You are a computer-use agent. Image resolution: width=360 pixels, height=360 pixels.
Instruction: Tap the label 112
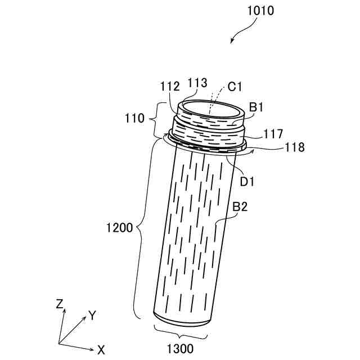[169, 87]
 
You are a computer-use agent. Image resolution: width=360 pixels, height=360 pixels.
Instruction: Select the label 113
[197, 83]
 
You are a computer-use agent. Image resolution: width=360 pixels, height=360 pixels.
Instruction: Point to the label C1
[235, 87]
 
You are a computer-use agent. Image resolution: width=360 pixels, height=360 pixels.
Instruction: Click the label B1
[257, 107]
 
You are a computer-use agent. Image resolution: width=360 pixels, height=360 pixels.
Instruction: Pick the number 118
[294, 147]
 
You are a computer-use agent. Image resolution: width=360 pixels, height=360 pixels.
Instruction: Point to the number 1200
[120, 228]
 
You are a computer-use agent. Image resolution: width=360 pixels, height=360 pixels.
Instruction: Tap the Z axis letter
[59, 304]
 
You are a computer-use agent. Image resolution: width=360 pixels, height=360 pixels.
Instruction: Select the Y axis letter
[93, 315]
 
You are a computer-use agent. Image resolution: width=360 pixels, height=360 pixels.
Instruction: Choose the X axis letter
[101, 348]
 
